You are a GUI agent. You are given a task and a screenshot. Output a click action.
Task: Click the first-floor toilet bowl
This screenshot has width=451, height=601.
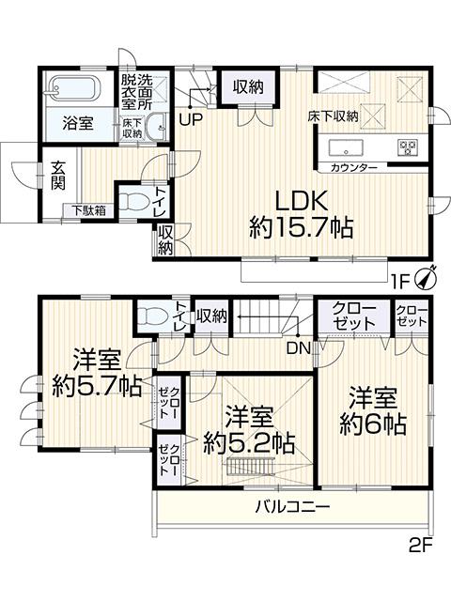click(x=138, y=199)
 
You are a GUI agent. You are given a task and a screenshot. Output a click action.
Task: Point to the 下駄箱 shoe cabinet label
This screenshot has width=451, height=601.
click(x=85, y=210)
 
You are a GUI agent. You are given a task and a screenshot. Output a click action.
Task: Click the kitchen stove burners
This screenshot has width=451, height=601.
click(x=408, y=146)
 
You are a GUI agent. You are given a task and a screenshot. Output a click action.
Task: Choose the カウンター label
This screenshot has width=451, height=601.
click(x=354, y=167)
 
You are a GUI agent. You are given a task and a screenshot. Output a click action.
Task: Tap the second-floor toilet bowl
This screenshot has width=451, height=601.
click(x=149, y=315)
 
